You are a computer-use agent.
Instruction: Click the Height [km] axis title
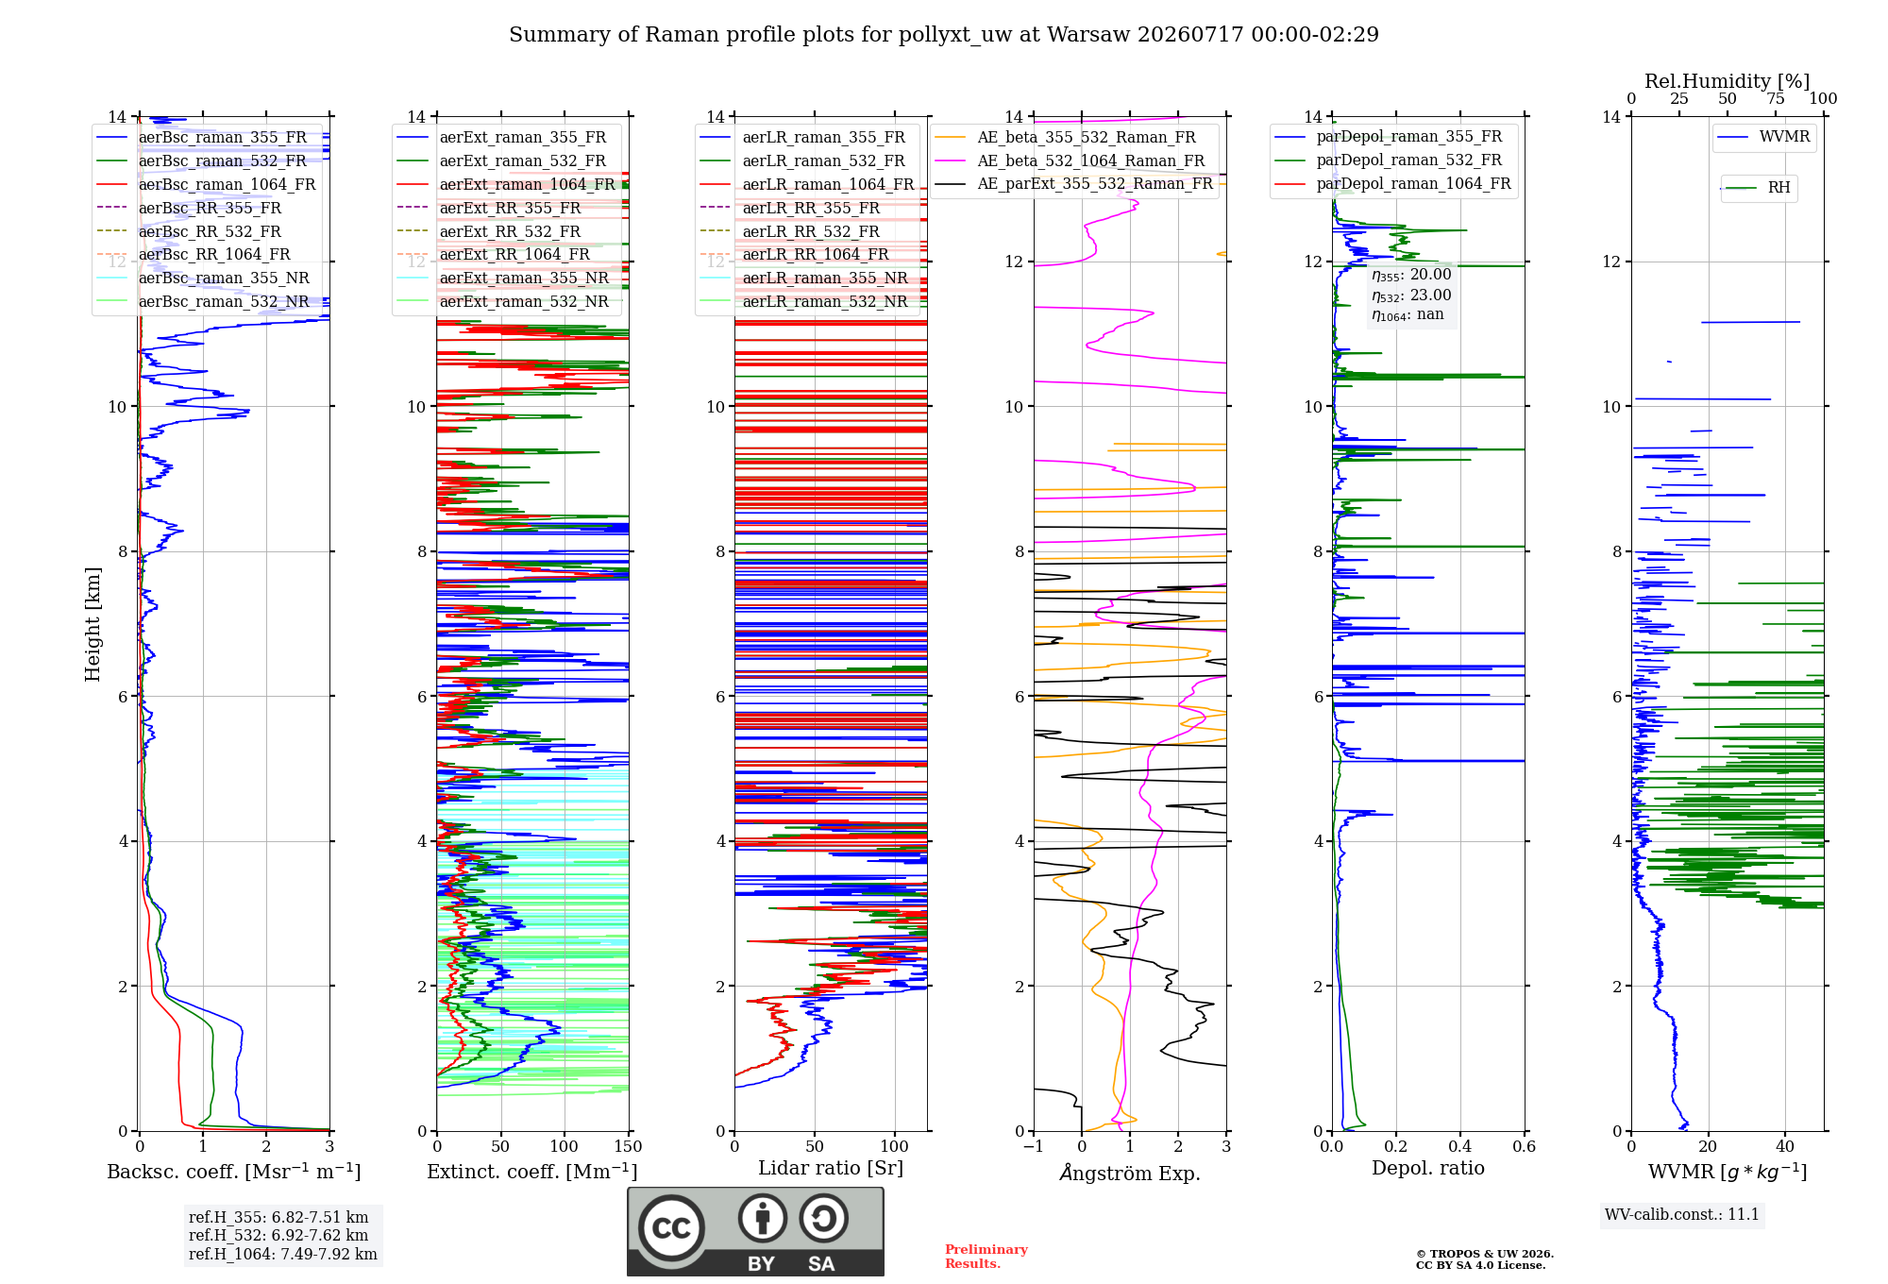click(93, 624)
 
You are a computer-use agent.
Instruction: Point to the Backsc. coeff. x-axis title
click(234, 1171)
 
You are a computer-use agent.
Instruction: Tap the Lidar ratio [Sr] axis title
click(831, 1168)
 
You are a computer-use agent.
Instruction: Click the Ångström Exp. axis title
click(1130, 1173)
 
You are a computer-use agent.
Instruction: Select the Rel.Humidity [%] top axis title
click(1728, 81)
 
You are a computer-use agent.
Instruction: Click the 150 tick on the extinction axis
click(628, 1146)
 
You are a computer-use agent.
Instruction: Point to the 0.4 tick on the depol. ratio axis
click(1459, 1146)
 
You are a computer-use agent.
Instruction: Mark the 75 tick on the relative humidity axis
click(1776, 98)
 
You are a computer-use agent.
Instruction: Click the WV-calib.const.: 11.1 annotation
click(1682, 1214)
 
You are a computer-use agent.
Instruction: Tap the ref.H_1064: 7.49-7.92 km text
click(283, 1254)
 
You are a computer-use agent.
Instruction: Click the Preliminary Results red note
click(986, 1256)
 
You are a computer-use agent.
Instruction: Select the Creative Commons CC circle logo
click(671, 1227)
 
